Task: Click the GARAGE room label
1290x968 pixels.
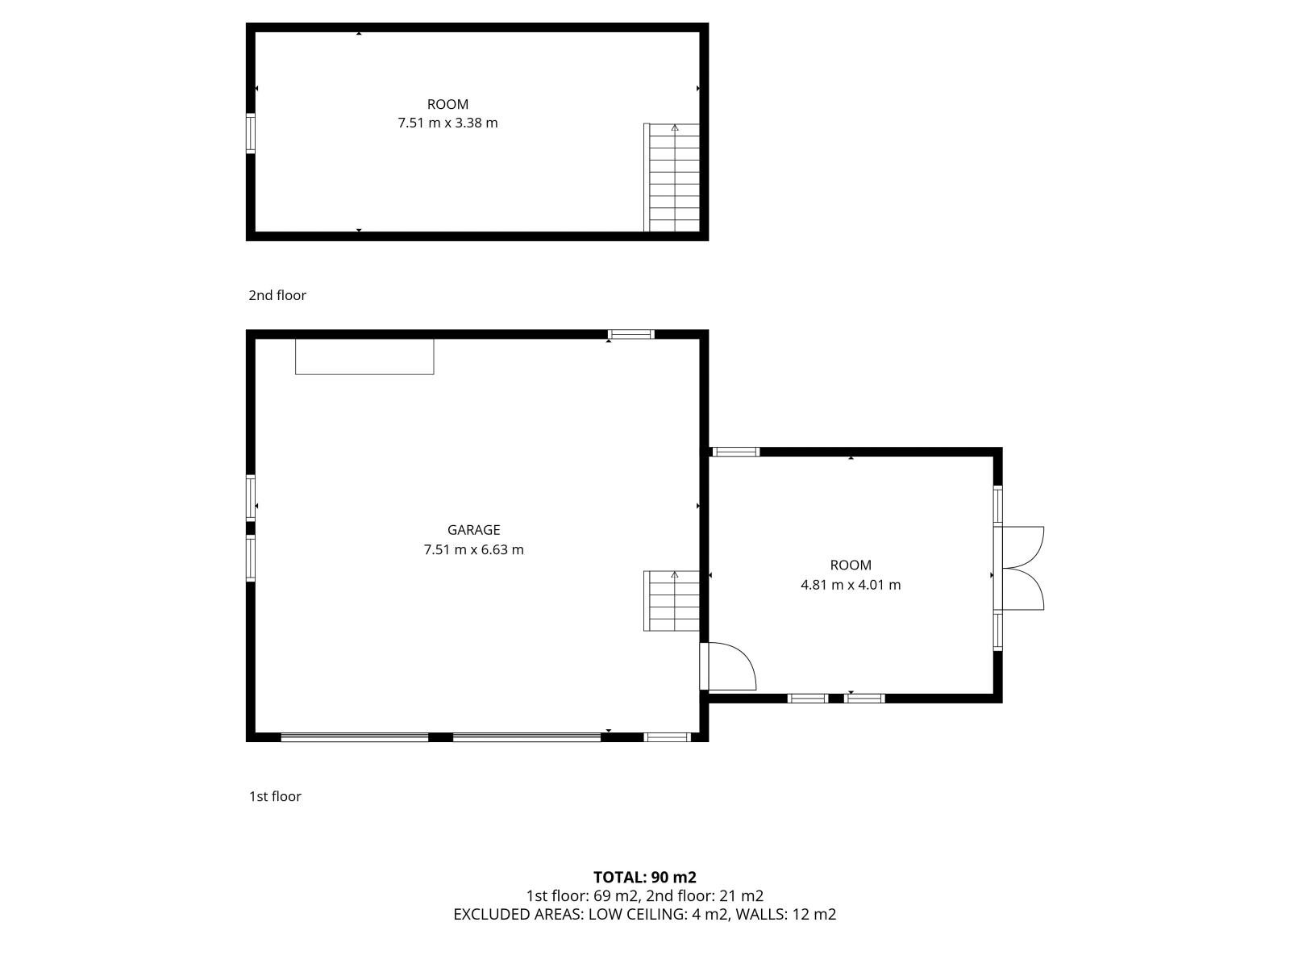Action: click(x=474, y=529)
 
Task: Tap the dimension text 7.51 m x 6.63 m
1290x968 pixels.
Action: click(x=474, y=549)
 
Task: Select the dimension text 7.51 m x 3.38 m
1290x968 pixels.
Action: click(x=447, y=123)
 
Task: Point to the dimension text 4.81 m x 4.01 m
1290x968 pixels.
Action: click(x=851, y=585)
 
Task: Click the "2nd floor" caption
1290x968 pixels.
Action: click(x=277, y=295)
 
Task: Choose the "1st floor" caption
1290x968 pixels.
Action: click(x=275, y=796)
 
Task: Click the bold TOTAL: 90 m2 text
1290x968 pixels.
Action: click(x=645, y=878)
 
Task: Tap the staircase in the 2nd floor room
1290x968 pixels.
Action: click(x=672, y=177)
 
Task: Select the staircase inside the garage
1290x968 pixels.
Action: click(x=672, y=601)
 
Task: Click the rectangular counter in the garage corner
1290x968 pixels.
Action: click(x=364, y=357)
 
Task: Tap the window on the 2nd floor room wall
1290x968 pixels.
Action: click(x=251, y=133)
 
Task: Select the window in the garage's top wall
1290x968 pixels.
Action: click(x=630, y=335)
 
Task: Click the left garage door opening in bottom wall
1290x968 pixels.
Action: click(x=355, y=737)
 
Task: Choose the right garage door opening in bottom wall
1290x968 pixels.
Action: click(x=526, y=737)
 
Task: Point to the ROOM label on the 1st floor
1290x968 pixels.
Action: click(x=851, y=565)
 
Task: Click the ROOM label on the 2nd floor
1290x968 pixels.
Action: click(x=447, y=105)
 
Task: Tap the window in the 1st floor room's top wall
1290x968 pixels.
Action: click(x=736, y=452)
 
